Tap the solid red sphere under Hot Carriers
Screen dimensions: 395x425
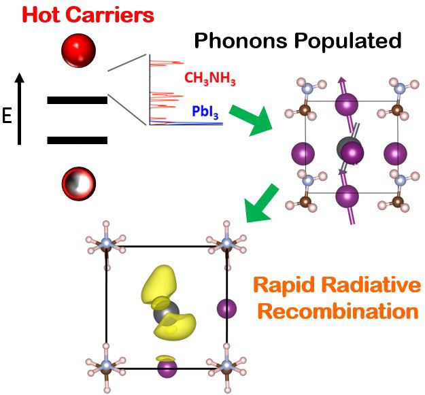click(78, 49)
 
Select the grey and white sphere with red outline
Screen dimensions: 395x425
click(78, 182)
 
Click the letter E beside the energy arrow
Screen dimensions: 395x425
click(7, 116)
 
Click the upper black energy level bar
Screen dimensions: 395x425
click(77, 100)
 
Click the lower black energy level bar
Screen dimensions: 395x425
click(77, 141)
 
